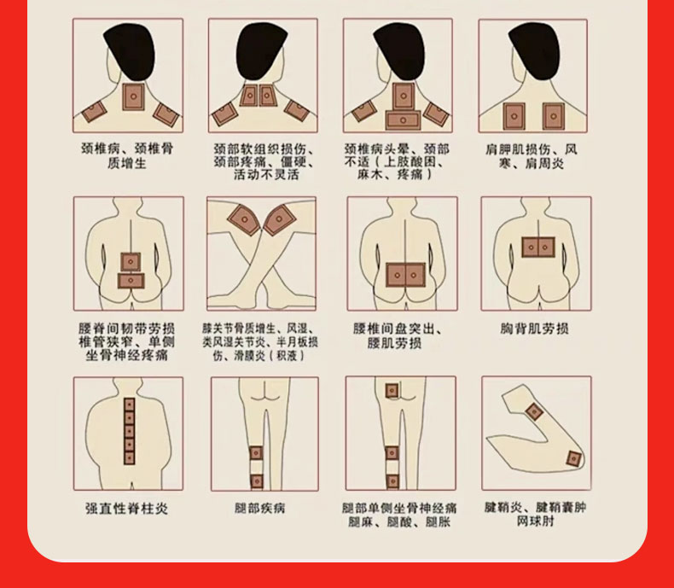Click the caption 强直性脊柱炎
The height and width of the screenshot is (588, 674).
[x=126, y=509]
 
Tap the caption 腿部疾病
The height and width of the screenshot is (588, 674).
[x=259, y=508]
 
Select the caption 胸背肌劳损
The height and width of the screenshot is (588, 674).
[x=534, y=329]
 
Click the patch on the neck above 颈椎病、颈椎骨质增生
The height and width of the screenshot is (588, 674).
[x=133, y=96]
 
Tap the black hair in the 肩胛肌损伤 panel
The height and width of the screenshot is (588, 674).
[x=535, y=49]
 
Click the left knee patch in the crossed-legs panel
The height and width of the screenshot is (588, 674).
[x=244, y=219]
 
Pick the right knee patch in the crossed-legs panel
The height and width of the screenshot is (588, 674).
[x=279, y=219]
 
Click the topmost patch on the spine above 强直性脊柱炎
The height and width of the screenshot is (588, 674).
[x=130, y=405]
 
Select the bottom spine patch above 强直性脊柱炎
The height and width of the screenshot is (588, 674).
[x=130, y=457]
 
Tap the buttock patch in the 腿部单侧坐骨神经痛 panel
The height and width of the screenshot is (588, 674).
[x=392, y=391]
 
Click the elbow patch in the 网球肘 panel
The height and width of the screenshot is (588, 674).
[x=574, y=458]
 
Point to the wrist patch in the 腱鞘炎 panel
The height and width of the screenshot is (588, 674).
[x=534, y=412]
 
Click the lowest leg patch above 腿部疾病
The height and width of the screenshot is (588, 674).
[x=257, y=481]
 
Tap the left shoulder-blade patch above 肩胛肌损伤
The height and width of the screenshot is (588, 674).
[x=514, y=116]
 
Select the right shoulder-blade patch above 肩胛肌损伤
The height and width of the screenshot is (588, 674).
[x=553, y=116]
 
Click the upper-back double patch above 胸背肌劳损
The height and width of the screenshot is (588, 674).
[x=538, y=247]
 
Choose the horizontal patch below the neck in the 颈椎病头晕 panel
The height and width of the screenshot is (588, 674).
[x=403, y=120]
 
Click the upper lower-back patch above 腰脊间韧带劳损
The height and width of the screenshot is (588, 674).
[x=131, y=262]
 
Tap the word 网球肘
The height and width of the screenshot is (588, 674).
[x=535, y=521]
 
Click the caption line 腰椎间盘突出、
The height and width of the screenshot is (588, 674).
[x=398, y=329]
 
